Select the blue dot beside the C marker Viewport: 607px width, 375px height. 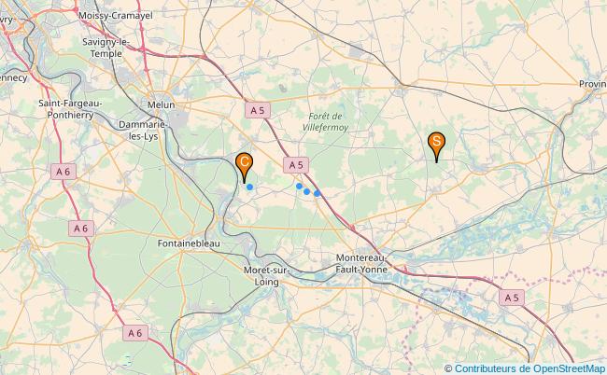click(249, 187)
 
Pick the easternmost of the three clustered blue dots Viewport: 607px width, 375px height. click(318, 194)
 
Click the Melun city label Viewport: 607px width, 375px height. click(161, 105)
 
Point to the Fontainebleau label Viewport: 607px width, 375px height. click(189, 243)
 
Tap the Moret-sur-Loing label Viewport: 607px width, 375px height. click(266, 276)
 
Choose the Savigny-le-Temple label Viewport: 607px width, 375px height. click(110, 49)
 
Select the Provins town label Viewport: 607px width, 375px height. click(591, 84)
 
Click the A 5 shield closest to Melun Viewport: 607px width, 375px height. click(258, 110)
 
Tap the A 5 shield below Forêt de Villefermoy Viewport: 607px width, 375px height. click(295, 164)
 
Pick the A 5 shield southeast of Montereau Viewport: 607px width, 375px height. click(510, 297)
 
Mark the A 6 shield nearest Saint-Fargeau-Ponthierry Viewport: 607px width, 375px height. click(63, 171)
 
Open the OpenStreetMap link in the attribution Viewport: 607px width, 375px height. click(569, 368)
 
